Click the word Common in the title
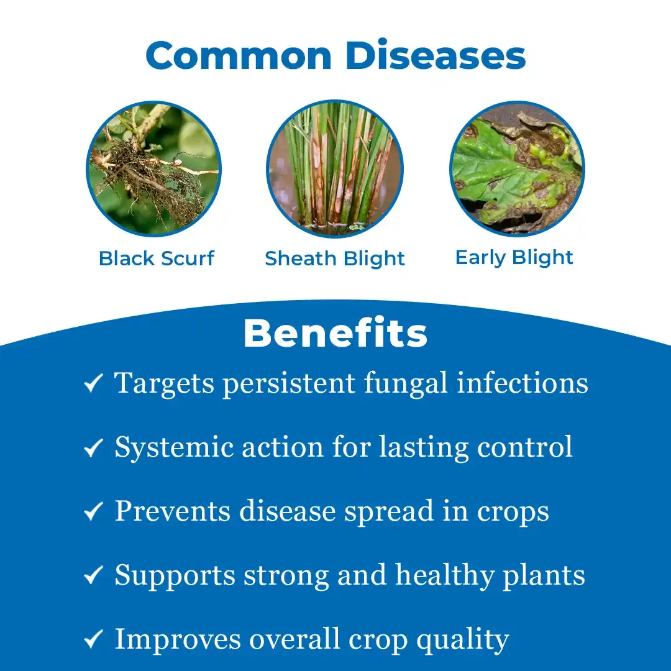click(239, 56)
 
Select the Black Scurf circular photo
click(153, 168)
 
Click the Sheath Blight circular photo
click(335, 168)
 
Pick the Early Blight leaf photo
click(517, 168)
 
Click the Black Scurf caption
click(156, 258)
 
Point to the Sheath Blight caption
click(335, 259)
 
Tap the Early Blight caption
click(514, 258)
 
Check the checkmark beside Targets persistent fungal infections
click(93, 383)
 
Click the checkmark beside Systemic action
click(93, 447)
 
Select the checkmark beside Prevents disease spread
click(93, 511)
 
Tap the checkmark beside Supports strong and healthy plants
click(93, 575)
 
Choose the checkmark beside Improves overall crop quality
click(93, 639)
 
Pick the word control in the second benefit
click(524, 447)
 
